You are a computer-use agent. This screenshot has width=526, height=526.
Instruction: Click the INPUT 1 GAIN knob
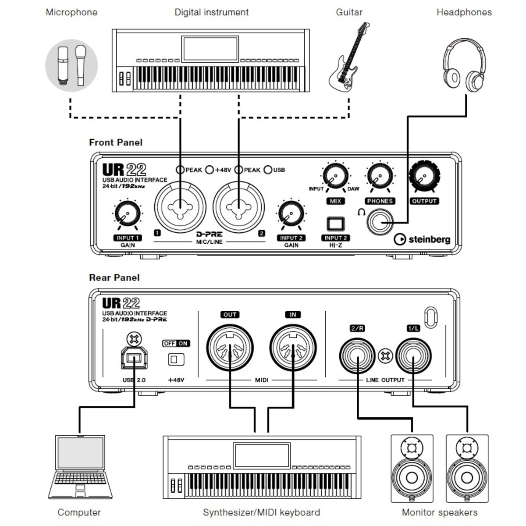coord(128,214)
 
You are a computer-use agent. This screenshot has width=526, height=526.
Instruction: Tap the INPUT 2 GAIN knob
coord(291,213)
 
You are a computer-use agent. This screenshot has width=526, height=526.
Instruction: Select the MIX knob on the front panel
coord(335,176)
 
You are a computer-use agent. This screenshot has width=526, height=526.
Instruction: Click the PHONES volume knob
coord(380,176)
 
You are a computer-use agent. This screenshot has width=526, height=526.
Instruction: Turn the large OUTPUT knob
coord(424,176)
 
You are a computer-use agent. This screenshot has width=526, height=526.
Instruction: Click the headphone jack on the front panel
coord(380,222)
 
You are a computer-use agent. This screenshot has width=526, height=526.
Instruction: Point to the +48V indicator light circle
coord(210,170)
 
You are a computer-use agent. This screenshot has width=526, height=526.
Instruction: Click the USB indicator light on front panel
coord(268,170)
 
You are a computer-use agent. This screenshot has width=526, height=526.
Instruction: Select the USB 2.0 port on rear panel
coord(134,358)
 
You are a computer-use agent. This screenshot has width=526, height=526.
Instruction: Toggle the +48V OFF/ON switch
coord(176,359)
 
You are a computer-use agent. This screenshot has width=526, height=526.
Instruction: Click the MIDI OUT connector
coord(230,348)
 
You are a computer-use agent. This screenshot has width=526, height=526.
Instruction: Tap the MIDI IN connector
coord(293,348)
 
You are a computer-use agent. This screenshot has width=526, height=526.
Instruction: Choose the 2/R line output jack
coord(357,356)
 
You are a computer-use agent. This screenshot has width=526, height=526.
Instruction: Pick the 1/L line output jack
coord(413,356)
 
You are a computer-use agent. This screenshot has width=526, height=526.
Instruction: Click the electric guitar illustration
coord(348,57)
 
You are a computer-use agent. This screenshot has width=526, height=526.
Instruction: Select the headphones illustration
coord(464,65)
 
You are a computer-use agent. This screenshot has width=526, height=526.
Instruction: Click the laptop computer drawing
coord(80,467)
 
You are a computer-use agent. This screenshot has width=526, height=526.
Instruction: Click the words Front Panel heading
coord(116,142)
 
